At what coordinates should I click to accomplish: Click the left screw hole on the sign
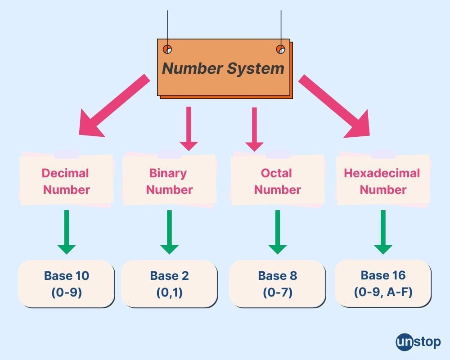(167, 49)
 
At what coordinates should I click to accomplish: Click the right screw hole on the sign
(280, 49)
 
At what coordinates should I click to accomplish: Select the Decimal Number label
(66, 181)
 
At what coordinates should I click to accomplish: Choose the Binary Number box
(169, 181)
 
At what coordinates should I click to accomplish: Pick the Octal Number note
(277, 181)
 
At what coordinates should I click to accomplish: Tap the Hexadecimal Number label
(383, 181)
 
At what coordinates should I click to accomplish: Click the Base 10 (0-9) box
(66, 283)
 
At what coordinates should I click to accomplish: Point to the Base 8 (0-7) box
(277, 283)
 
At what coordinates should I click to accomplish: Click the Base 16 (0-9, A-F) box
(383, 283)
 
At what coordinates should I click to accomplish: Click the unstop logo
(418, 342)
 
